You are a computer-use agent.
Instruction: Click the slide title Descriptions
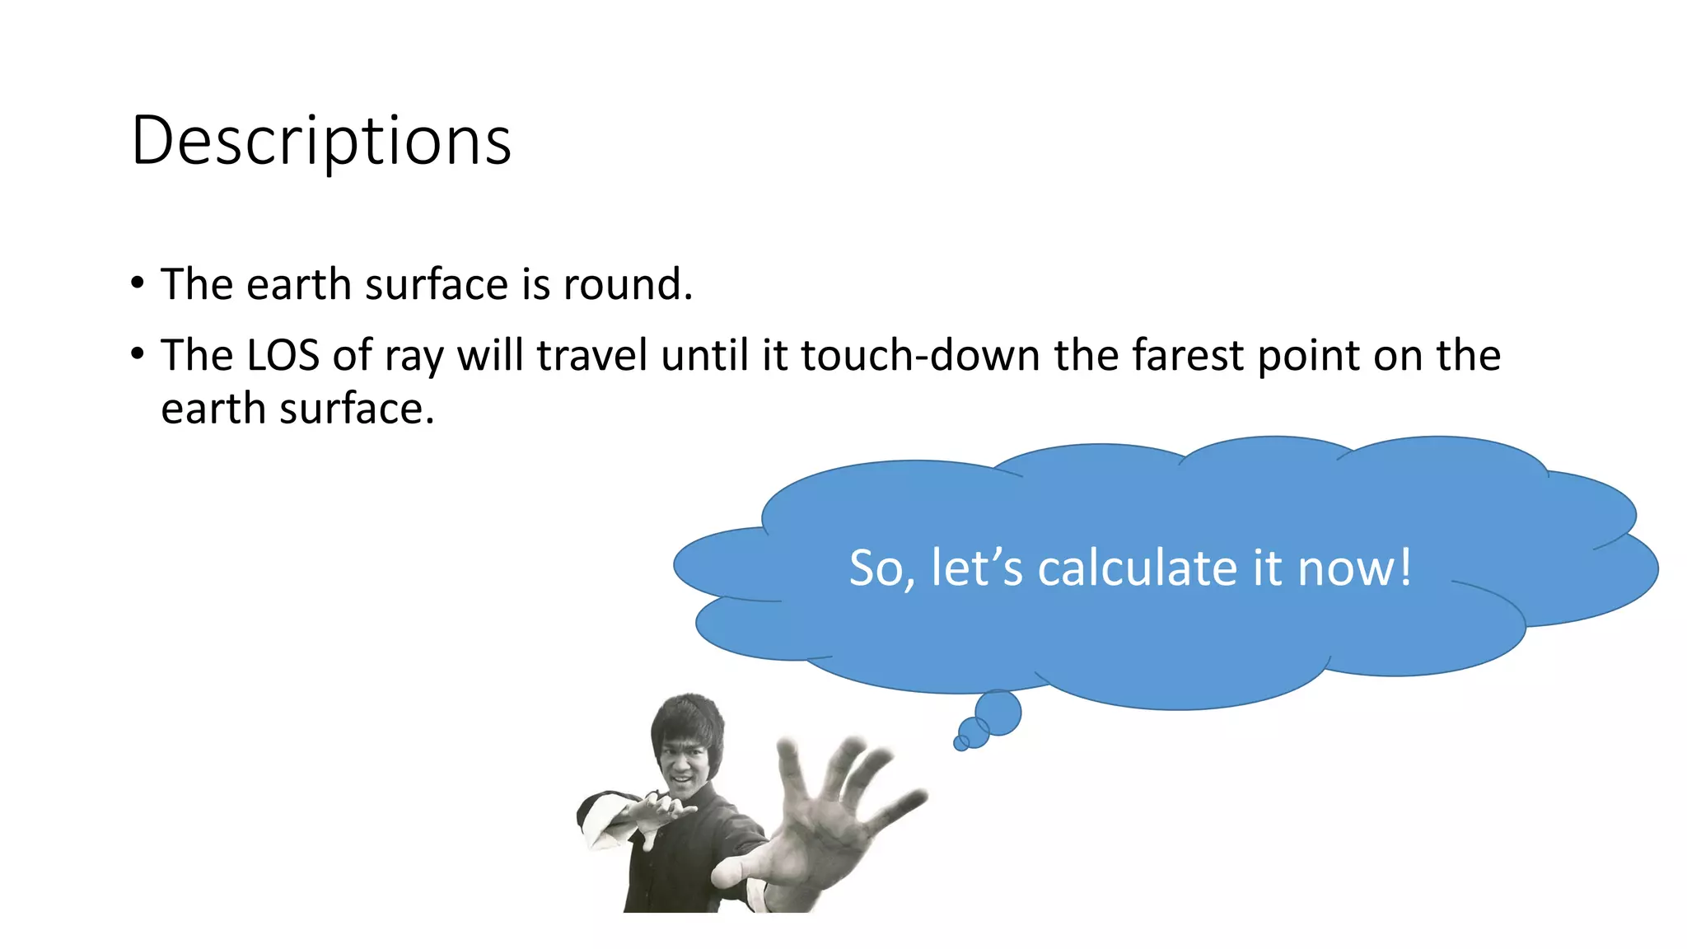click(x=321, y=141)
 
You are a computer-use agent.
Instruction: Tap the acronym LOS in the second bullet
click(x=283, y=356)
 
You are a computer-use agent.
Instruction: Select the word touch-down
click(x=920, y=356)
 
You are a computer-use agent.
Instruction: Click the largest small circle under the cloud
click(x=998, y=713)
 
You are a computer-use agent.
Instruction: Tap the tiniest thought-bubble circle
click(x=960, y=744)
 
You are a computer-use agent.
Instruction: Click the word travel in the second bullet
click(x=591, y=356)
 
